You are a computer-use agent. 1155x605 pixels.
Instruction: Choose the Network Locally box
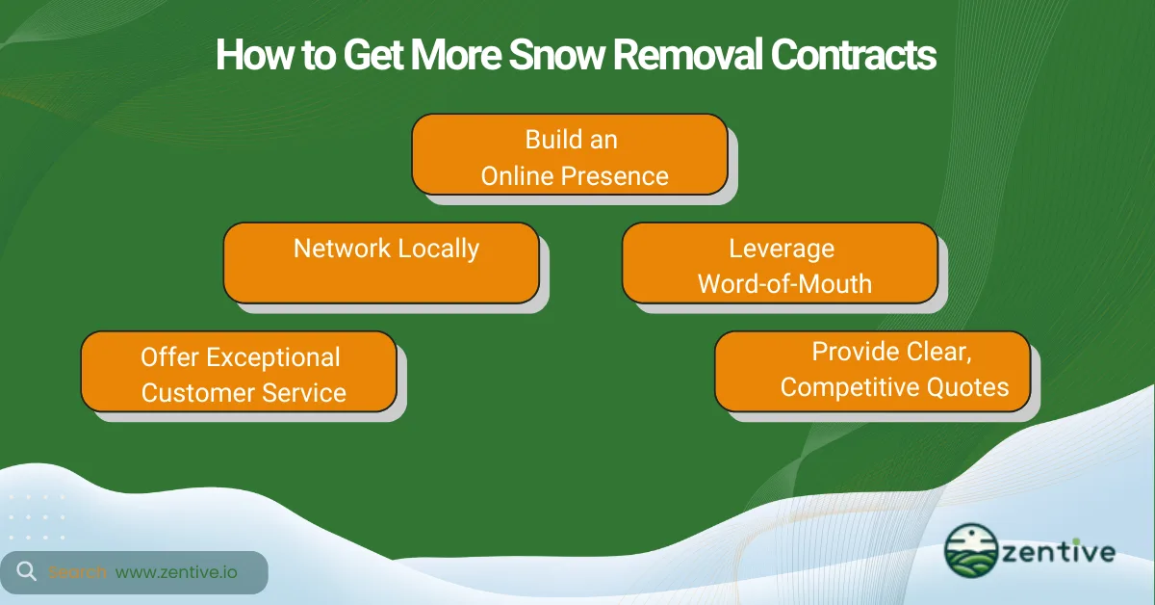[381, 262]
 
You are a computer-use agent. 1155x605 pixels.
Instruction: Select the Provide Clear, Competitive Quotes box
[872, 370]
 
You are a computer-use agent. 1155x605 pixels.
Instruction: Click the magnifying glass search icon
[27, 572]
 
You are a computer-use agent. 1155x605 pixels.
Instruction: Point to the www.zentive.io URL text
[176, 572]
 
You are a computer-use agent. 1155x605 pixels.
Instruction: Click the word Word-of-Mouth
[784, 283]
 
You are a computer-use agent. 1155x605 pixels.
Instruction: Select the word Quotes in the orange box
[963, 387]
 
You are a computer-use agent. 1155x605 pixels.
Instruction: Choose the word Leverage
[781, 249]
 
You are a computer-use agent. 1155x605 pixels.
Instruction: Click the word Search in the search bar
[78, 572]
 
